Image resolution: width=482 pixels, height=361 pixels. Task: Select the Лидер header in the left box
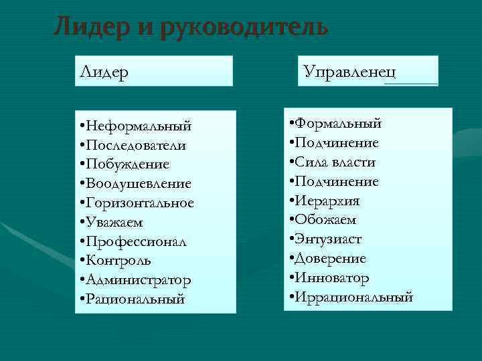(104, 71)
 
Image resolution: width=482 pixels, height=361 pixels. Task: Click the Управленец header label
(348, 70)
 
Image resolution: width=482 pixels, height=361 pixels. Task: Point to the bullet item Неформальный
(138, 126)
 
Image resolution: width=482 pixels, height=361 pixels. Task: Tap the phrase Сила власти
(335, 162)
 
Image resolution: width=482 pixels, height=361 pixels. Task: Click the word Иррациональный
(354, 297)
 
